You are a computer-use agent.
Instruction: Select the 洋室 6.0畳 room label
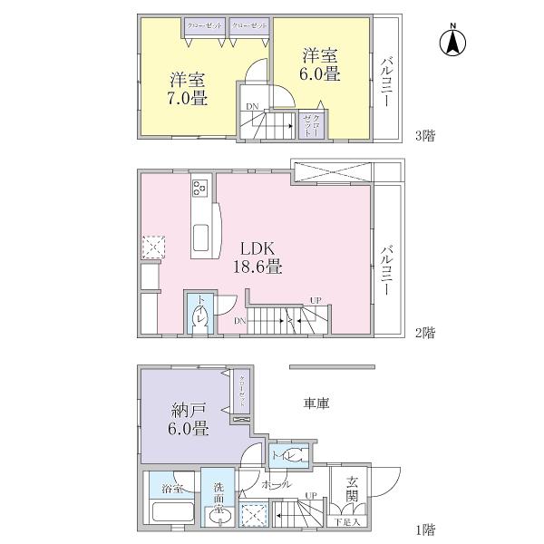320,65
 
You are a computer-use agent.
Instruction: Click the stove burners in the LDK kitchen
199,189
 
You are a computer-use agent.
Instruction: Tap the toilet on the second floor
201,317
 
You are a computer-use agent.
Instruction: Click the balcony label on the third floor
387,81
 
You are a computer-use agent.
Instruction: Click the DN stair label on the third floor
252,107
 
